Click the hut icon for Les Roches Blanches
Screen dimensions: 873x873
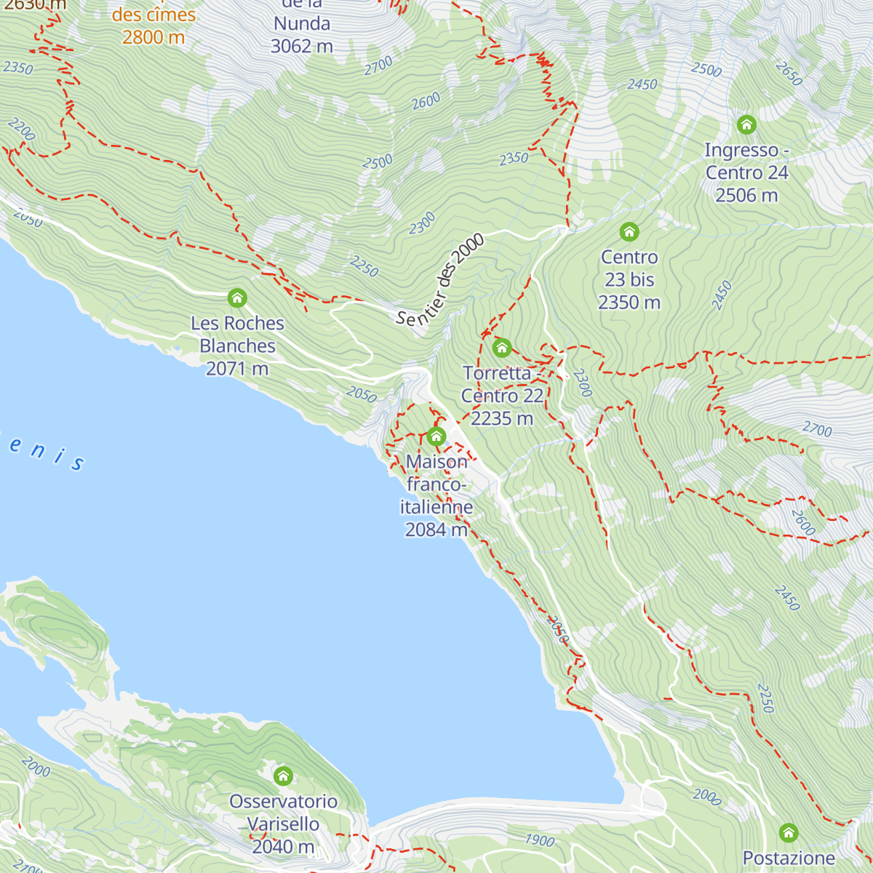237,298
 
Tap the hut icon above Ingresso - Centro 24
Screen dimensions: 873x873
746,124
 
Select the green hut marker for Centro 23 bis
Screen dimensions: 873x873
629,232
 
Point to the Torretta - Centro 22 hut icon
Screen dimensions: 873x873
502,348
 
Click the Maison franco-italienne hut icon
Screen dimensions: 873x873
436,436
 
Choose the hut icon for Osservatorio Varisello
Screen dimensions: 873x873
283,776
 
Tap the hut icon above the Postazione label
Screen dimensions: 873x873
789,833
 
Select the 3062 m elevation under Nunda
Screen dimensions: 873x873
301,47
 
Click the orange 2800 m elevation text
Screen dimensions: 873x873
154,37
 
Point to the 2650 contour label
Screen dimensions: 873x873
789,73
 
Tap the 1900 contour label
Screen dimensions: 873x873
539,840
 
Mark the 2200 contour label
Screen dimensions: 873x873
21,129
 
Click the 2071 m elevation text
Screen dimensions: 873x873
237,369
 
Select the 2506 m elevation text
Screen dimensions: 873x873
746,196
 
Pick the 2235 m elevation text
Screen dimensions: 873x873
502,419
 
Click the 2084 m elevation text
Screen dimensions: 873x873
436,530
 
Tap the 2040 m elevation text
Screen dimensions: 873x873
283,847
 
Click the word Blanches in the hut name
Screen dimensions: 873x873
237,346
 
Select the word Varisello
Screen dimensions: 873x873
283,824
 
